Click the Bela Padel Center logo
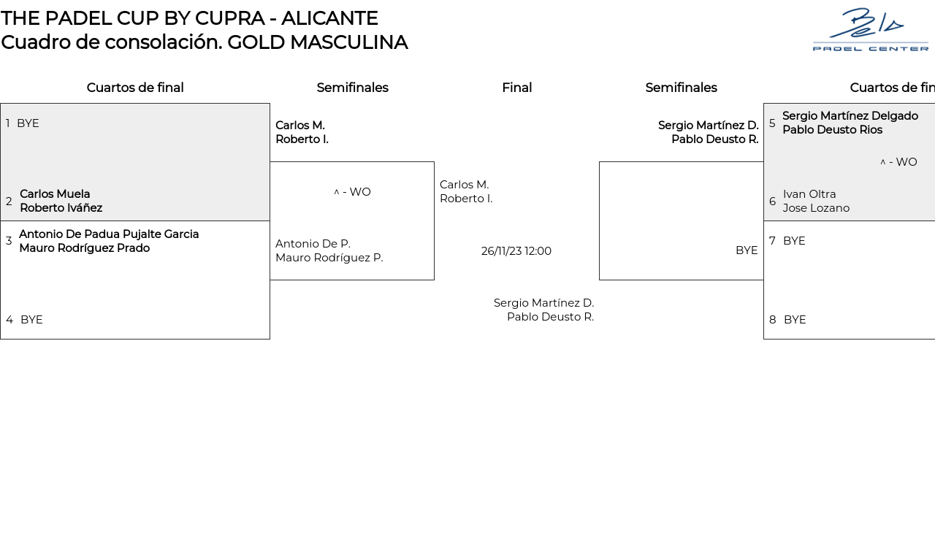(870, 29)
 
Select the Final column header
(516, 88)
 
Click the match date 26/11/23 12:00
(516, 251)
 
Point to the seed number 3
(9, 241)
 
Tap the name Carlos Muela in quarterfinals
(55, 194)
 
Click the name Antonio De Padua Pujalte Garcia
(109, 234)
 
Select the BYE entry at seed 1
(28, 123)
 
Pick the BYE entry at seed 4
(31, 320)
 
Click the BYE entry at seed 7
(794, 241)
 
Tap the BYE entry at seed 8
(795, 320)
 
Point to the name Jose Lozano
(816, 208)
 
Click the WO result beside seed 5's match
(902, 162)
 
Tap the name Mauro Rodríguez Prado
(84, 248)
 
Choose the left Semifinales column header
(352, 88)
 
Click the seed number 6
(772, 202)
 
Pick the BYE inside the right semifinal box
(747, 250)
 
